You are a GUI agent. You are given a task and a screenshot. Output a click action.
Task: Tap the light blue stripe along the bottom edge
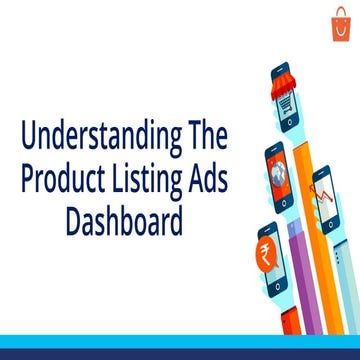click(180, 353)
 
